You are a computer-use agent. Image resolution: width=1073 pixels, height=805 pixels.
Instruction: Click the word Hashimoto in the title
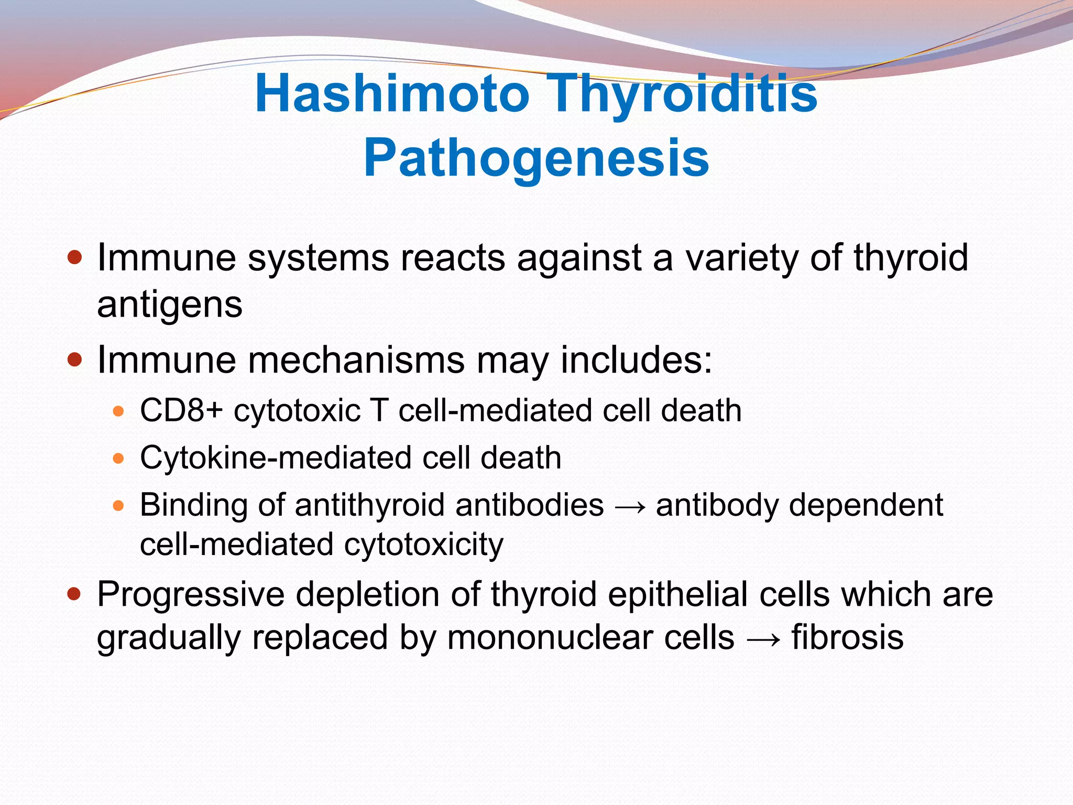(392, 94)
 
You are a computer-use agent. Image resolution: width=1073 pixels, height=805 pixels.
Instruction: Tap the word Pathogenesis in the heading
(536, 158)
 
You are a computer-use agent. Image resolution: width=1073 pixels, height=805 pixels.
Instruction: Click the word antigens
(170, 305)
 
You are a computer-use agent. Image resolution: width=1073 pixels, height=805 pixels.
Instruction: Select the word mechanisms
(356, 361)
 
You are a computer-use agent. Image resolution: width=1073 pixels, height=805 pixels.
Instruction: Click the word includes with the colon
(636, 361)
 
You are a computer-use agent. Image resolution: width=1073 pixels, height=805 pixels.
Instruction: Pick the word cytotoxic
(297, 410)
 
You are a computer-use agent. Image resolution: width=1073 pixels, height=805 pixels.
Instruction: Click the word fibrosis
(847, 638)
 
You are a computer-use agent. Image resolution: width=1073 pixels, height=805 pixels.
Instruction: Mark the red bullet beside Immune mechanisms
(75, 360)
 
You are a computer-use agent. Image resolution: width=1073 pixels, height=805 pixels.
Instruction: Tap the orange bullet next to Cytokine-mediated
(118, 459)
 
